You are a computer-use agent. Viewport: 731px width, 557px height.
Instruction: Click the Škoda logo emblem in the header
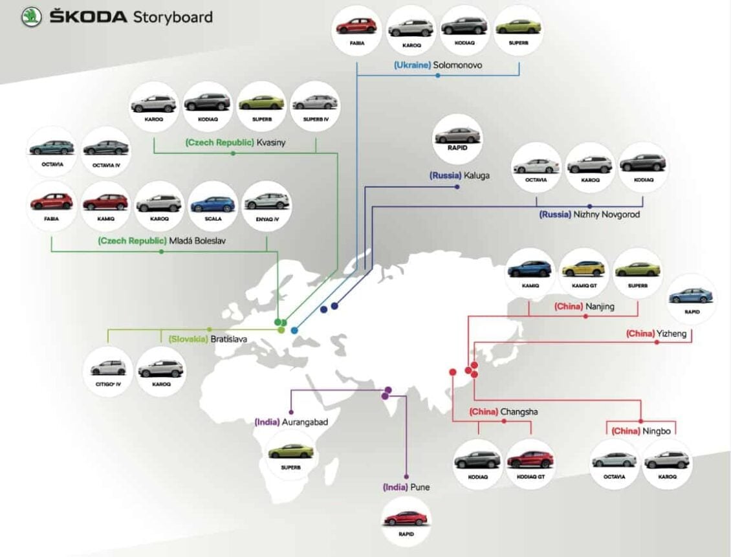coord(31,17)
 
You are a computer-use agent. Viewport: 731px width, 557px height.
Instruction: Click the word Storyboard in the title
coord(172,17)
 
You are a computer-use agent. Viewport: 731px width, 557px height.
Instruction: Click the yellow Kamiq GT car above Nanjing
coord(583,268)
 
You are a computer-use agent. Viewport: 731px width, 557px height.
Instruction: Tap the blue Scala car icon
coord(213,204)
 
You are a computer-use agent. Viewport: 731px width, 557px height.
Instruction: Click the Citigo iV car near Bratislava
coord(109,368)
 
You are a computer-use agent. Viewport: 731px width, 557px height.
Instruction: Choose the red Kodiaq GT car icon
coord(530,459)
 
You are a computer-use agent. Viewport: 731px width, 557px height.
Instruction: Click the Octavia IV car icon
coord(105,147)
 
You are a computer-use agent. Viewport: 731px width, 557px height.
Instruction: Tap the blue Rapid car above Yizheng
coord(691,296)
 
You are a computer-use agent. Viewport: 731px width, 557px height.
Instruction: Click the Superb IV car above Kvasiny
coord(314,102)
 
